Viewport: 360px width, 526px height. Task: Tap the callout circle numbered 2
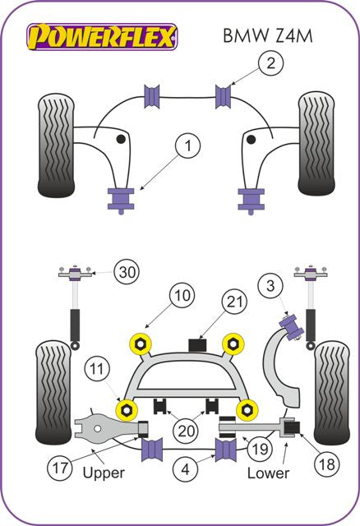tap(270, 61)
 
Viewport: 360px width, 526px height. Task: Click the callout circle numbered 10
tap(183, 295)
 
